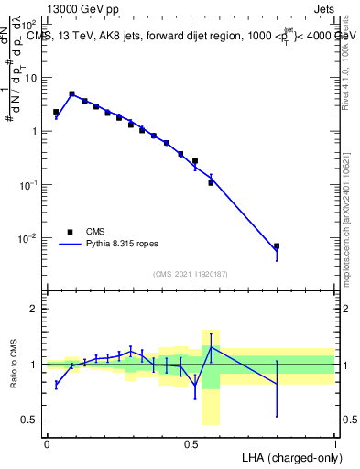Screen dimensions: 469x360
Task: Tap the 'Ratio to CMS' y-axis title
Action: pos(14,365)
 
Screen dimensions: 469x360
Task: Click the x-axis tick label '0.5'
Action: pos(191,442)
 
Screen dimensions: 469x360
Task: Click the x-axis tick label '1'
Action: pos(335,442)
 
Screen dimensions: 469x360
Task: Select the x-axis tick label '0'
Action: pos(47,442)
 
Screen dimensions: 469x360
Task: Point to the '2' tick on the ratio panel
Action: pos(34,309)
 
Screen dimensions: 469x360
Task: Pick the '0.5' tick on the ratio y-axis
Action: pos(29,420)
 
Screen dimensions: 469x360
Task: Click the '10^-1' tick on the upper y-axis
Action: pos(27,185)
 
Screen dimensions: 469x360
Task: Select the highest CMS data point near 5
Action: pos(71,93)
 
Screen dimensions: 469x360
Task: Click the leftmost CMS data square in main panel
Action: pos(56,112)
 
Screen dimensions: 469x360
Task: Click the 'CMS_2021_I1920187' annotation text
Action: pos(191,274)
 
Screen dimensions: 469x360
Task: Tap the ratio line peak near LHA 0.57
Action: pos(212,347)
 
